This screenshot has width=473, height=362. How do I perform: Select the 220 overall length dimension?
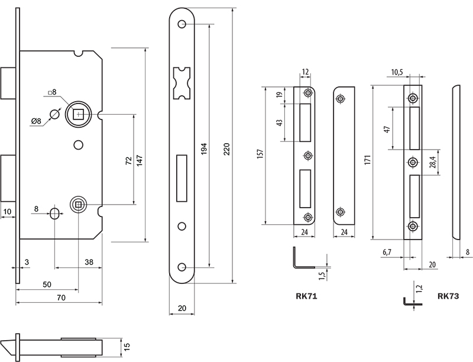pyautogui.click(x=228, y=149)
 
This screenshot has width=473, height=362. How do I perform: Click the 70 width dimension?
pyautogui.click(x=60, y=298)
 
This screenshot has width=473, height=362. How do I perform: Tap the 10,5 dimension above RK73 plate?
pyautogui.click(x=397, y=72)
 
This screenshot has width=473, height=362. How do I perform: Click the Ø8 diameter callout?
pyautogui.click(x=37, y=121)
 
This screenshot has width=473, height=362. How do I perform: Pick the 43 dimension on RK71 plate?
pyautogui.click(x=280, y=122)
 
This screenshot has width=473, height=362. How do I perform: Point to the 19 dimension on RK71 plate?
pyautogui.click(x=280, y=94)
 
